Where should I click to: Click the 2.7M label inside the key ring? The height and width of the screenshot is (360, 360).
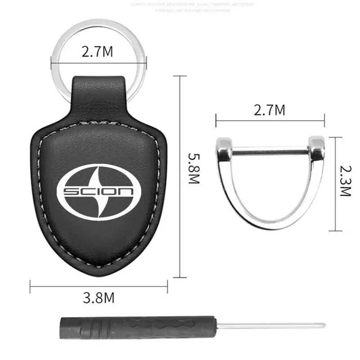pos(98,52)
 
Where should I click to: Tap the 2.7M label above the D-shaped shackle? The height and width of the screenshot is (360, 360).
pos(269,110)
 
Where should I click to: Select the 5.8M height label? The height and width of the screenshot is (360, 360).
pos(193,170)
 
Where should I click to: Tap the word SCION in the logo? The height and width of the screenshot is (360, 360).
pos(99,192)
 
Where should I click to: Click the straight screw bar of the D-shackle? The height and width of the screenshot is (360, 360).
pos(270,151)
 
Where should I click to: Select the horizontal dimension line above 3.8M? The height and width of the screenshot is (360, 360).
pos(98,282)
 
